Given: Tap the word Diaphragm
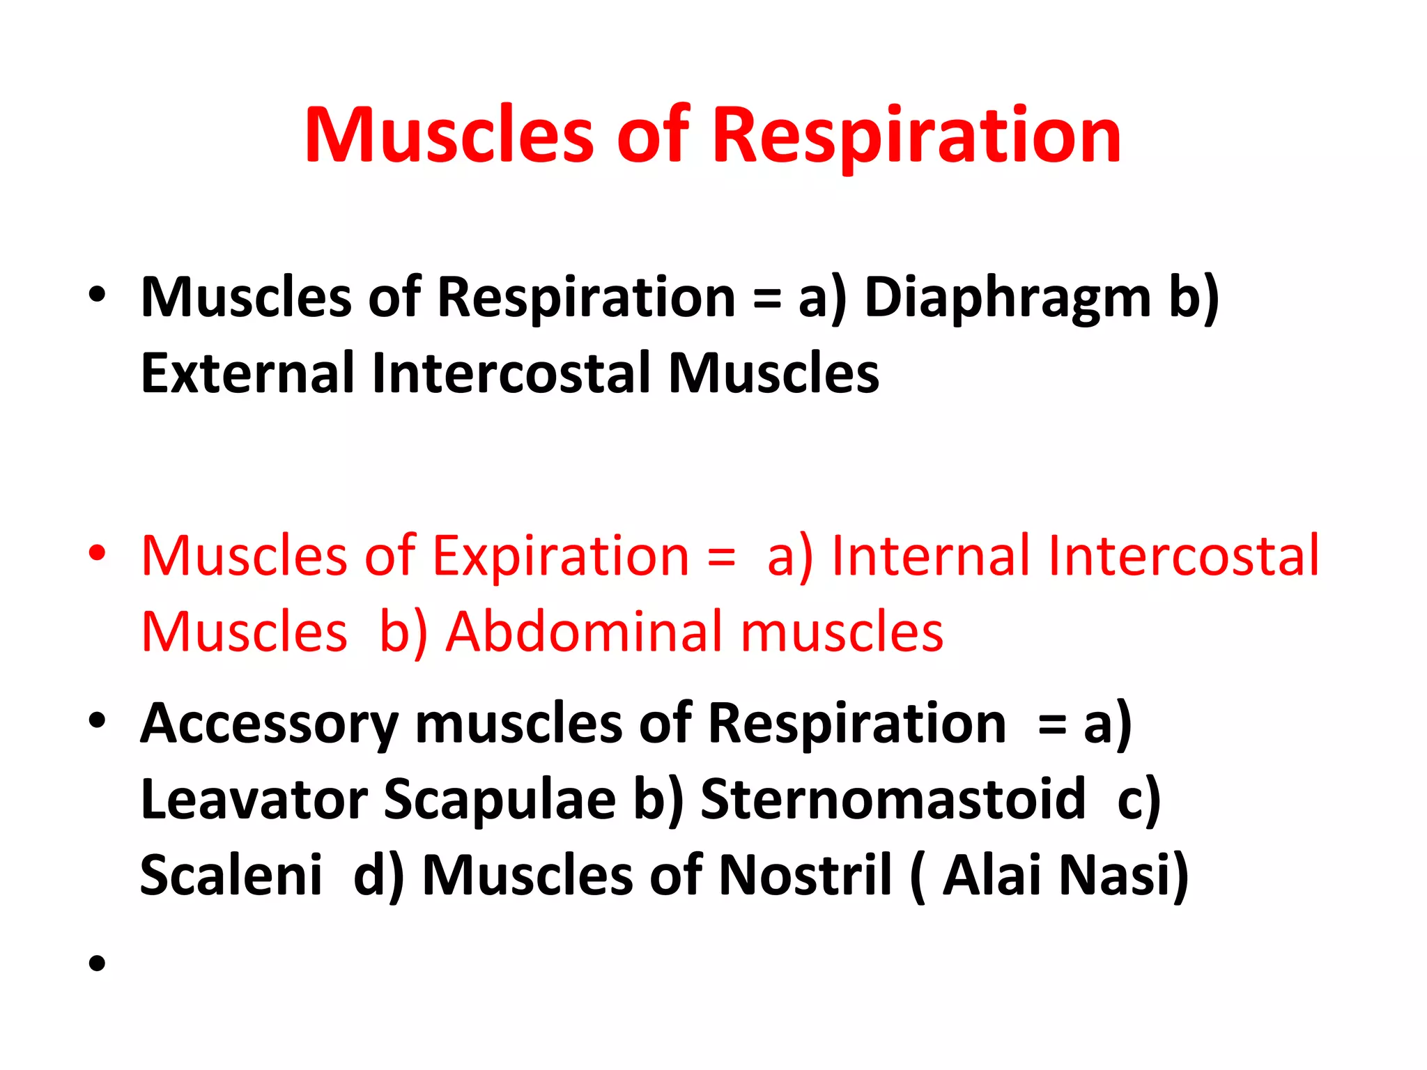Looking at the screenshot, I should coord(1007,299).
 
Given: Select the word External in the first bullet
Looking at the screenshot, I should coord(248,374).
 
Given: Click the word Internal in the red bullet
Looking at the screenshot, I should coord(931,556).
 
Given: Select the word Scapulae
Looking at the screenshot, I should coord(500,799).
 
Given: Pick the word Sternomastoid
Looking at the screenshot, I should coord(893,799).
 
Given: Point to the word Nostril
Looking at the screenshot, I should coord(805,875).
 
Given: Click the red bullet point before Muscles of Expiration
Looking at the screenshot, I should coord(98,553).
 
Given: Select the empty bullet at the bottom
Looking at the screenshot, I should coord(98,963).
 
